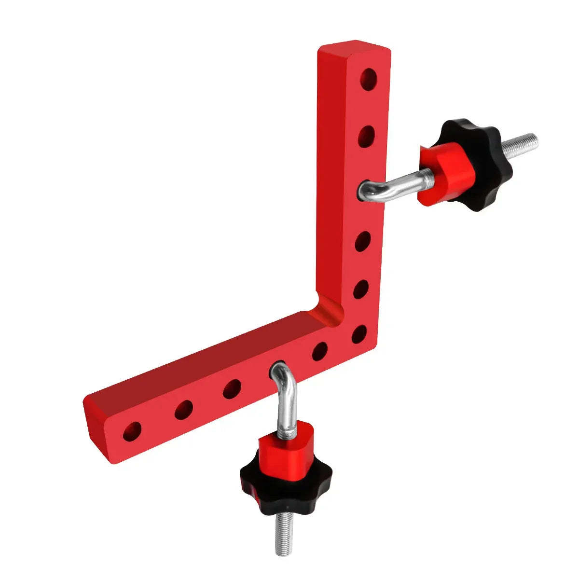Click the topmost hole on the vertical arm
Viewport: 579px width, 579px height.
click(x=369, y=79)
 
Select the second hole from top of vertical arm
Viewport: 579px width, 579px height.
click(x=367, y=136)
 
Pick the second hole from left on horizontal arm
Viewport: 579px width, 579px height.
click(x=183, y=410)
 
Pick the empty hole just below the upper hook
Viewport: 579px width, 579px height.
click(x=363, y=241)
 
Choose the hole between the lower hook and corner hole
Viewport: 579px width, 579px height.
click(x=319, y=351)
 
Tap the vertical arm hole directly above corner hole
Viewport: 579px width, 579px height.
click(x=361, y=289)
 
